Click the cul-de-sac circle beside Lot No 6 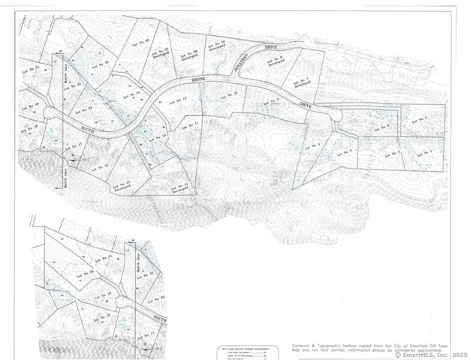pos(336,115)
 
